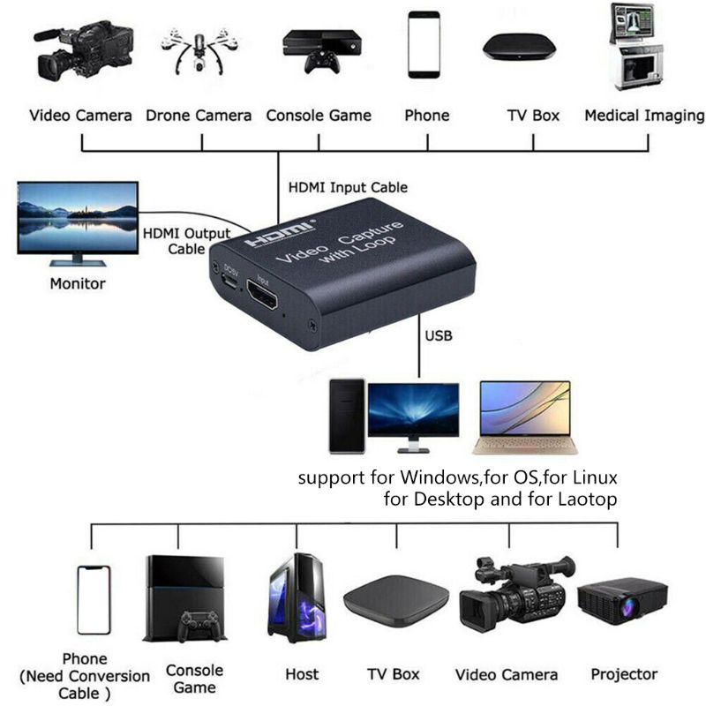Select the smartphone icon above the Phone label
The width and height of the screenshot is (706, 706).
pos(424,45)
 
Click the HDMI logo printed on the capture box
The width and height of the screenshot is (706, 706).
pos(280,235)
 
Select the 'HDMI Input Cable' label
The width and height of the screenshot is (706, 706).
pos(348,188)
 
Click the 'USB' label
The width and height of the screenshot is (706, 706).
pos(439,336)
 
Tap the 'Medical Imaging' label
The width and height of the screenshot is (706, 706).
pos(644,116)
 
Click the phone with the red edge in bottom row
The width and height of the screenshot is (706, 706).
pos(93,599)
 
